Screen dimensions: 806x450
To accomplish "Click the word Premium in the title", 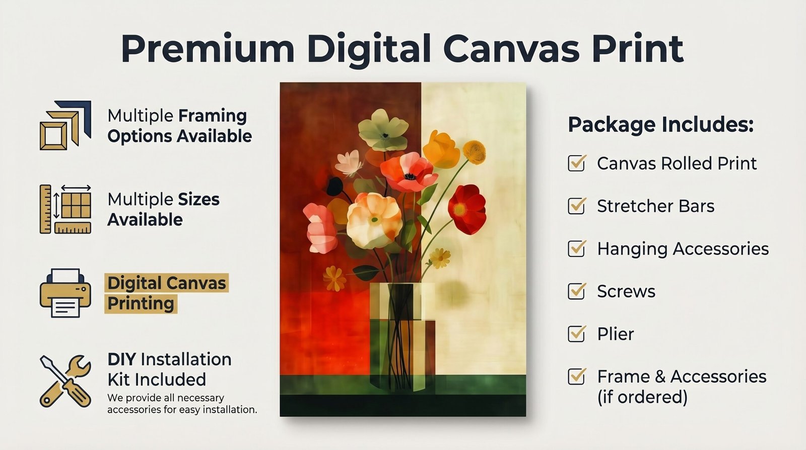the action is point(208,49).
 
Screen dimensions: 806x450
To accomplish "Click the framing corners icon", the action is point(65,125).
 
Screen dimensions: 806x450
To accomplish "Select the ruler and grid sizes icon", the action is point(65,209).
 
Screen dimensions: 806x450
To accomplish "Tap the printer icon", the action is point(65,293).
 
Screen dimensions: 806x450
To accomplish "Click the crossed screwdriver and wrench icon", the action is point(65,381).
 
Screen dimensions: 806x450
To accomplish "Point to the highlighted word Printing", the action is point(141,303).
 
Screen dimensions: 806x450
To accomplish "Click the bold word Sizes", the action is point(199,200).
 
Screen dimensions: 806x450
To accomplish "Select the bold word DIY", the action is point(121,359).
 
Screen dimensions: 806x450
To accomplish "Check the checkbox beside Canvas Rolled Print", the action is point(576,163).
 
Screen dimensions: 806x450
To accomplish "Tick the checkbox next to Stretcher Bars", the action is point(576,206).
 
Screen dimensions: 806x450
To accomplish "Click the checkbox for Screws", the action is point(576,291).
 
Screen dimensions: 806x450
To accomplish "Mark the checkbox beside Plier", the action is point(576,334).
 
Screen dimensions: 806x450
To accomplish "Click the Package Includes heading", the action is point(660,125).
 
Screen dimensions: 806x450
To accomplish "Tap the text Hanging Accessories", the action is point(683,249).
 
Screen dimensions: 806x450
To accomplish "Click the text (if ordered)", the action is point(642,397).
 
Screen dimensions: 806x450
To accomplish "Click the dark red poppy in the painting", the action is point(467,209).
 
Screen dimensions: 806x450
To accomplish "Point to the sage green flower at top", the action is point(383,130).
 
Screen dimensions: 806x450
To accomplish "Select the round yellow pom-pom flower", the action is point(474,152).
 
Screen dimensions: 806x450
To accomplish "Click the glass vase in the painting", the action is point(402,337).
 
